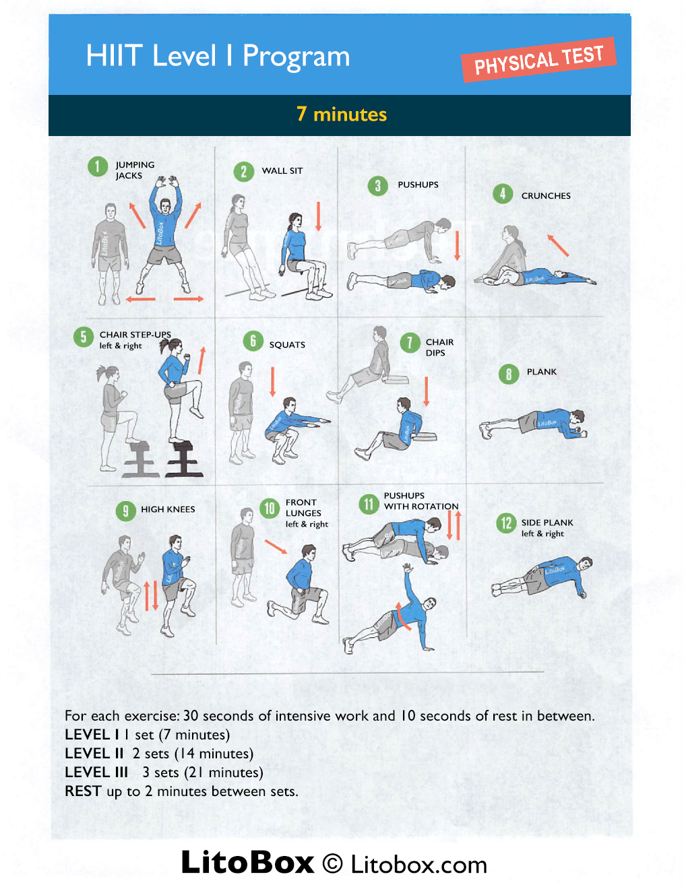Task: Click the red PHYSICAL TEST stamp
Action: point(538,60)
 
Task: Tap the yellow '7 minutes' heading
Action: point(342,114)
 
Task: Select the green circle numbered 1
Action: point(98,167)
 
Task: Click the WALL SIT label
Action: point(282,170)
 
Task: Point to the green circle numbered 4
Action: point(503,194)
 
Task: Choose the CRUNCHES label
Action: point(546,195)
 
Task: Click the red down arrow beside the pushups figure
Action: point(457,245)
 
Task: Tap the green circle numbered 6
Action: point(253,341)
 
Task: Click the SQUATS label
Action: point(287,344)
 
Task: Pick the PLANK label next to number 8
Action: point(542,372)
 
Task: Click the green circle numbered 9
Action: point(125,511)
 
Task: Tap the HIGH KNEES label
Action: point(168,509)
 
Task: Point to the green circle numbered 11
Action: point(369,504)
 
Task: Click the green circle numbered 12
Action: point(506,523)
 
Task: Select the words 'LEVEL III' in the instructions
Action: point(96,772)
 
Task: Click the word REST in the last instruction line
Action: point(83,791)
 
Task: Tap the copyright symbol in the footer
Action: point(332,864)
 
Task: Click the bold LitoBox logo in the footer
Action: point(247,862)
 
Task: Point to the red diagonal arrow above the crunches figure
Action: point(559,245)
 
